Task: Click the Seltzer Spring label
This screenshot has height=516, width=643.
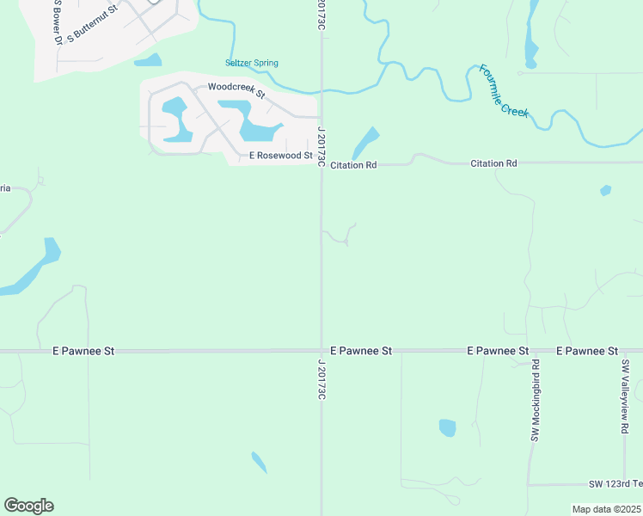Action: (x=252, y=63)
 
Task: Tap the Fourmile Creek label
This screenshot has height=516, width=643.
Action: (x=504, y=91)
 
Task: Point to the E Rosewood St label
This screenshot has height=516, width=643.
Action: (x=280, y=156)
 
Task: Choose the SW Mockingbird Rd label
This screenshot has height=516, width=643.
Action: (x=535, y=402)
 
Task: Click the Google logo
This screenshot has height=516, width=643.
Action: (x=28, y=506)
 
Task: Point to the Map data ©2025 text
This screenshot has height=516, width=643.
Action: (x=606, y=509)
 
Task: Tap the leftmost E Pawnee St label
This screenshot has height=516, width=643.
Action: (x=83, y=351)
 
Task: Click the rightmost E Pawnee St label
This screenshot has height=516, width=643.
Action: (x=587, y=351)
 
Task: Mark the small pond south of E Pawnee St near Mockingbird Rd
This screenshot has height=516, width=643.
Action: (x=447, y=427)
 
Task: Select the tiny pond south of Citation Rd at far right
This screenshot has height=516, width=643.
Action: (x=606, y=190)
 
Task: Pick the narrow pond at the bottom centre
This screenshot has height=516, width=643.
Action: (x=259, y=462)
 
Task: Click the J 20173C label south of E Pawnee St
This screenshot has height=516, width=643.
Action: (x=321, y=379)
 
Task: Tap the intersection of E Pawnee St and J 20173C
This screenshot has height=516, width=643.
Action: (x=321, y=351)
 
